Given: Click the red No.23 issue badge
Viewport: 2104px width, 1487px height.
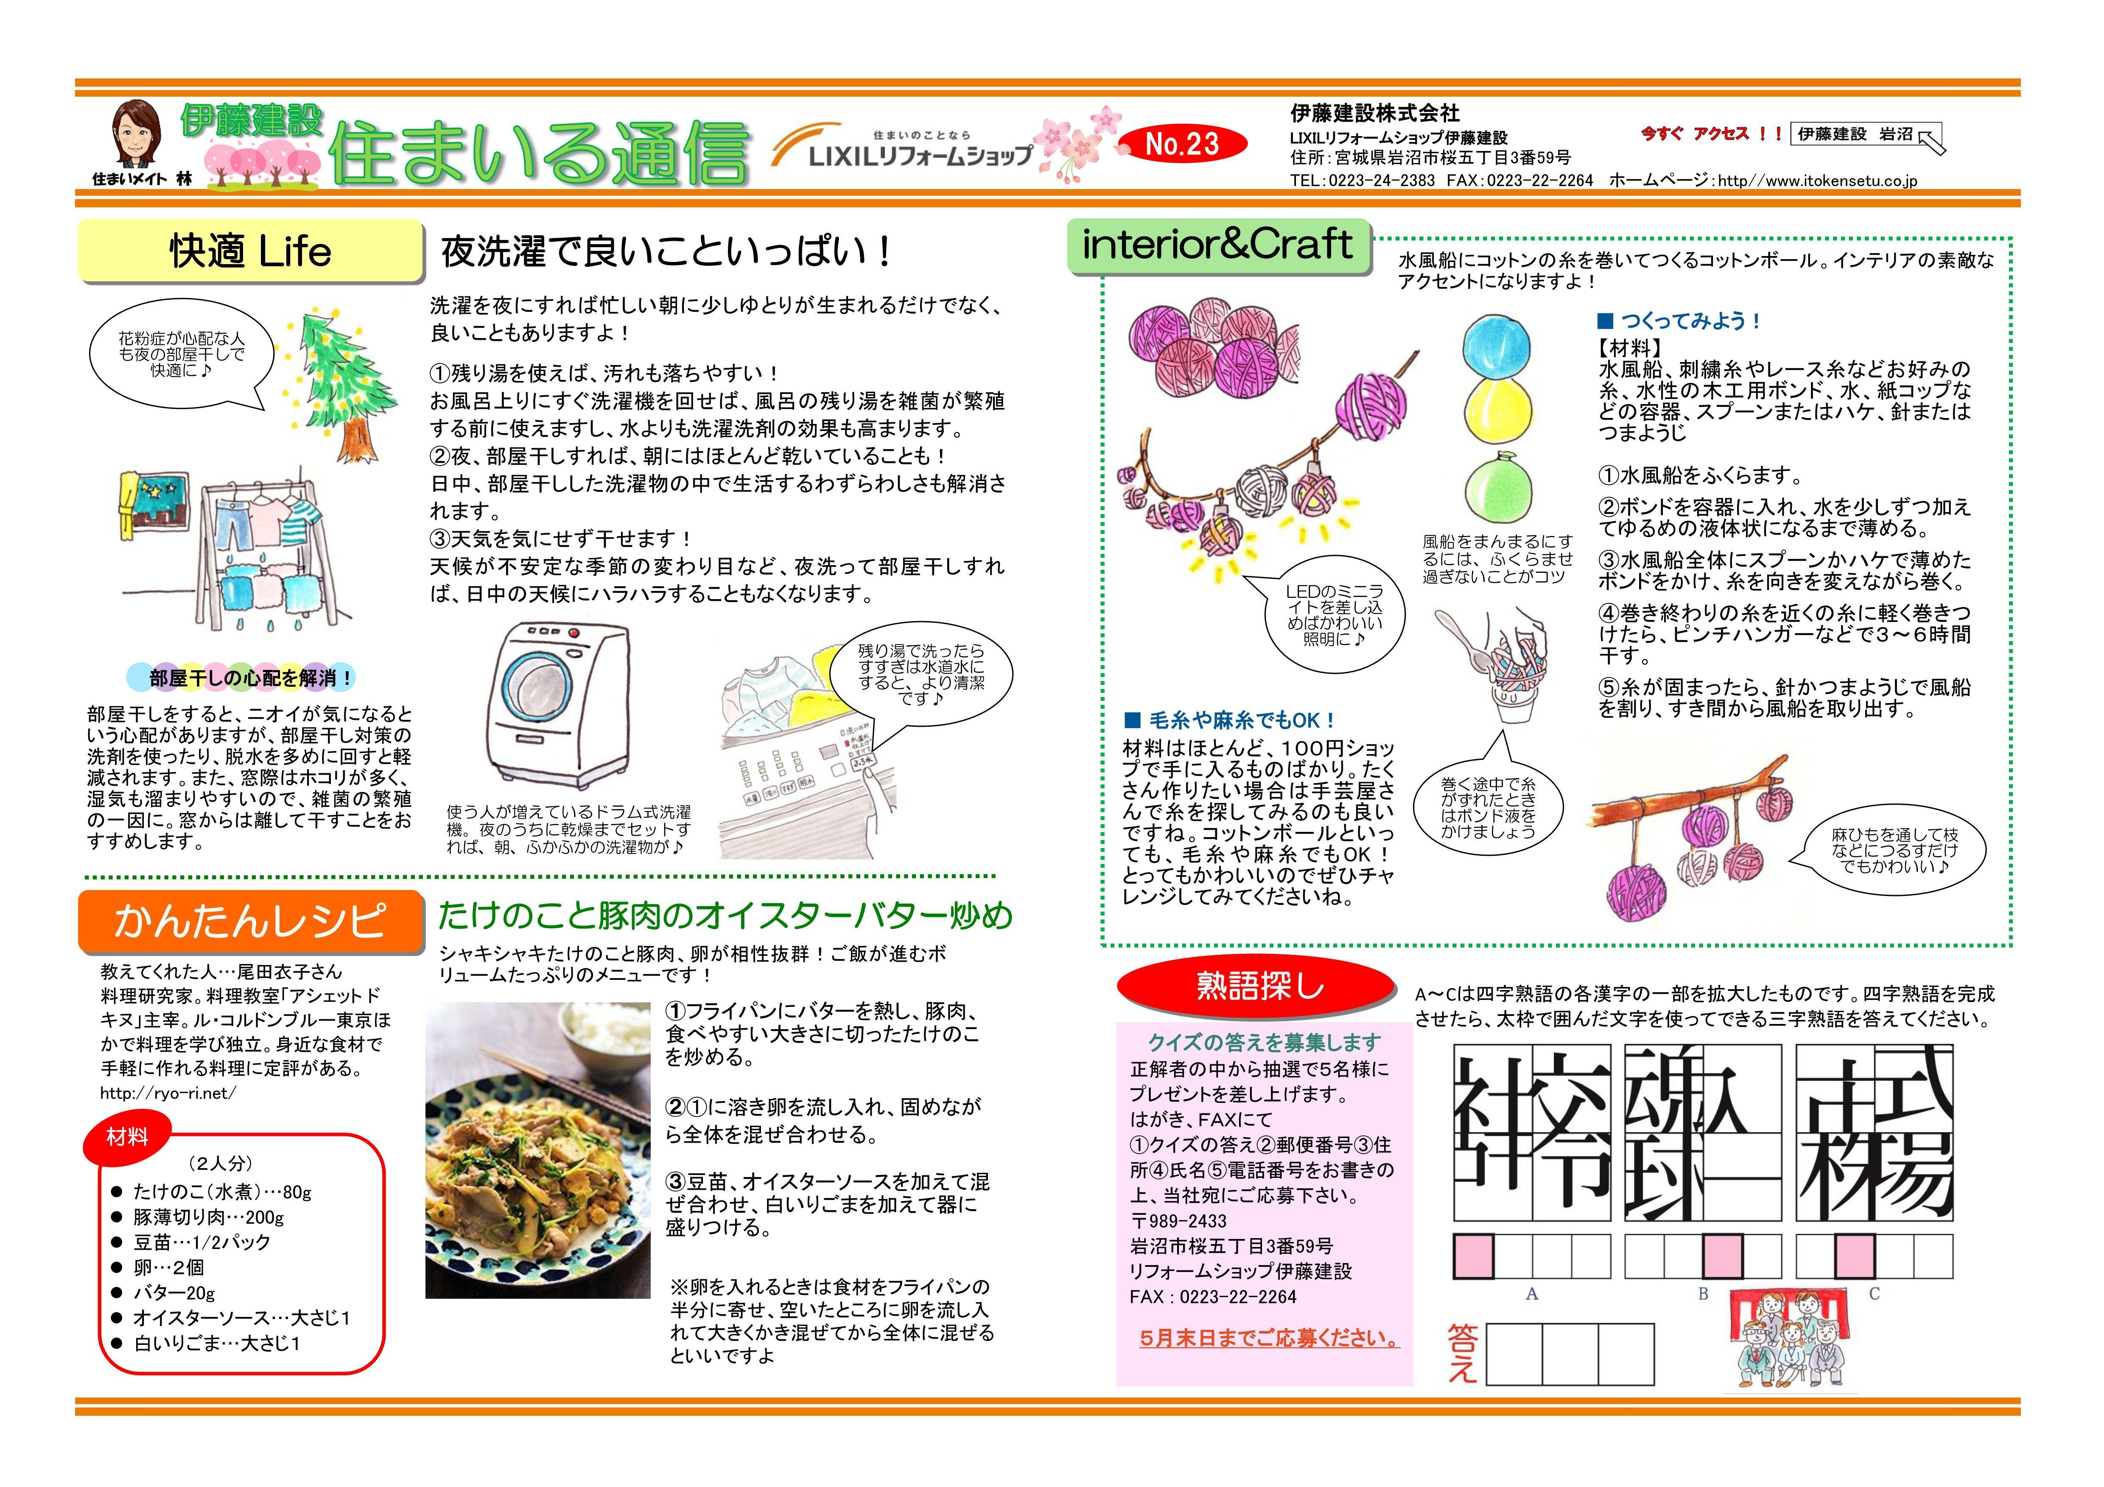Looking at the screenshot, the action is click(1182, 144).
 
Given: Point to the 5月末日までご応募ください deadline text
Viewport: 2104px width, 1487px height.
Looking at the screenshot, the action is click(1269, 1339).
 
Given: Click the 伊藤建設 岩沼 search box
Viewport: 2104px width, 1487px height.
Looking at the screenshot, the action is click(1860, 136).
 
